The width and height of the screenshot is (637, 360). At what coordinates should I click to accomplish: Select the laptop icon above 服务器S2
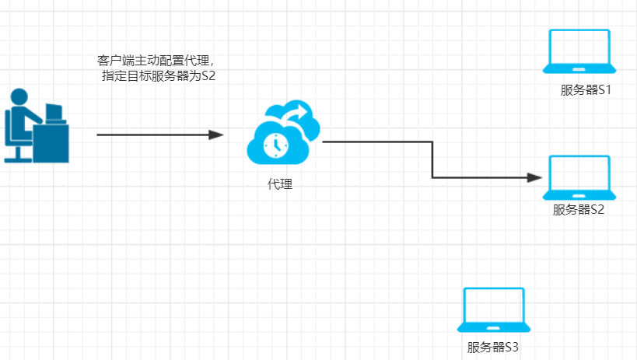click(579, 177)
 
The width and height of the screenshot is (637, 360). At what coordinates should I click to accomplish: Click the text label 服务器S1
click(586, 89)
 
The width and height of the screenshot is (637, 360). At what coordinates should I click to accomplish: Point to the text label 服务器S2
click(579, 209)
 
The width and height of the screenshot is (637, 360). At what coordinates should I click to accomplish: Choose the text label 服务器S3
click(492, 347)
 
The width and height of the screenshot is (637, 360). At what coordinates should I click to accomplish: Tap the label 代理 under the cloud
click(280, 184)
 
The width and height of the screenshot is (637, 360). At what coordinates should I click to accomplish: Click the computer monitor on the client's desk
click(55, 113)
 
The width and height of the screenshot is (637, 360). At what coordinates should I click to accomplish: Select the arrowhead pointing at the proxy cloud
click(217, 135)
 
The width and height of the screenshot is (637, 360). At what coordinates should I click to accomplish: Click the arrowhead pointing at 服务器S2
click(534, 177)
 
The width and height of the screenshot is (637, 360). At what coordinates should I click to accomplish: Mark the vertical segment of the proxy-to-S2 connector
click(432, 159)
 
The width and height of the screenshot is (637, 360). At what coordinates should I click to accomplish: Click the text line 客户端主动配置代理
click(156, 60)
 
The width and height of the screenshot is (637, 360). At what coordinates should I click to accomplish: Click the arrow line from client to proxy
click(156, 135)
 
